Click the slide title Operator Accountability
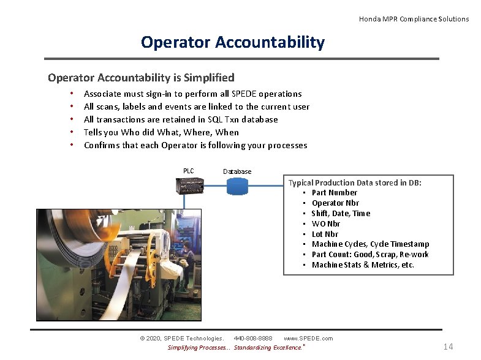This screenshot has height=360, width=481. point(233,42)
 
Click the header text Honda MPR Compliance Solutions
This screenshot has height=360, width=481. point(414,19)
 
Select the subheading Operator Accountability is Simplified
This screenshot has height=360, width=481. point(141,78)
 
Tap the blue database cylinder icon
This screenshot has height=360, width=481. point(237,186)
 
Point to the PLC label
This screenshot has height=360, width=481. point(188,171)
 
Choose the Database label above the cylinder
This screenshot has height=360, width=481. point(237,171)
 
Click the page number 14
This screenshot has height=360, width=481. point(448,347)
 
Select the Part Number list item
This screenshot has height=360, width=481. point(334,193)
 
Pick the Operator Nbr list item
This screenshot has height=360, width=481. point(335,203)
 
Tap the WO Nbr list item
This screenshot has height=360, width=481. point(325,224)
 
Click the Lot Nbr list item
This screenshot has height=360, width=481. point(325,234)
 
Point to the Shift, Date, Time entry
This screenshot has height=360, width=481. point(341,214)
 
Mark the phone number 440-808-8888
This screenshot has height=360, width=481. point(253,339)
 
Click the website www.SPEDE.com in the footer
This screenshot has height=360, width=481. point(308,339)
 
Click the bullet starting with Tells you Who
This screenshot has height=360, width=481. point(161,132)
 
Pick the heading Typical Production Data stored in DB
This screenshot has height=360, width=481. point(355,182)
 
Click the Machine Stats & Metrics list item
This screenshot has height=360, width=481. point(363,265)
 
